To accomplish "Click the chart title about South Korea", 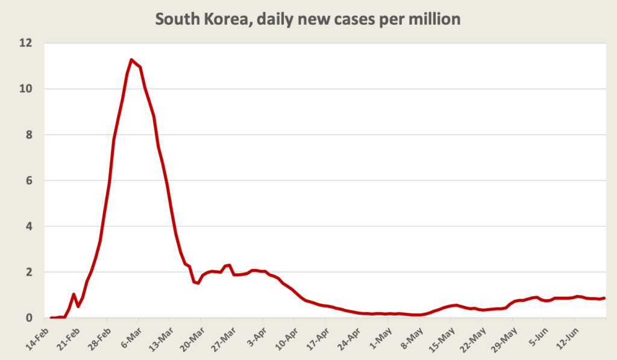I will point(308,19).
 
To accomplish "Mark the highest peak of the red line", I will point(131,59).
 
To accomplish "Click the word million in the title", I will point(435,19).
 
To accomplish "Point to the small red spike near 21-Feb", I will point(74,294).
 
